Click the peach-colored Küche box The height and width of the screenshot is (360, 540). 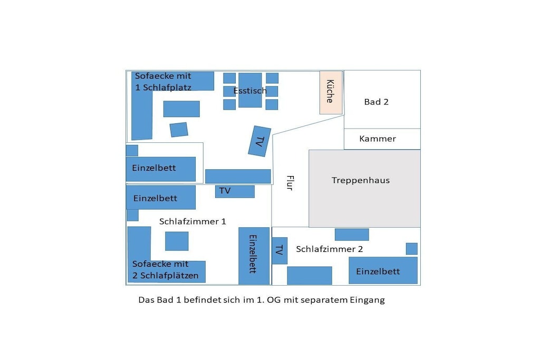[x=331, y=93]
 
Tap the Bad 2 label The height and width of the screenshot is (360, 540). [x=376, y=102]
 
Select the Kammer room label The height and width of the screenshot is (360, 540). [x=378, y=139]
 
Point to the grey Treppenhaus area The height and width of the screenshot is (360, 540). [x=364, y=188]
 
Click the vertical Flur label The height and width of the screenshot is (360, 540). [x=290, y=183]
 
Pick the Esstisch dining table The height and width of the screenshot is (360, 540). [x=250, y=90]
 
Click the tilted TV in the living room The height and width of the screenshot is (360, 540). [x=259, y=141]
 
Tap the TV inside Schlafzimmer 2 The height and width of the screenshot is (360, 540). [x=279, y=250]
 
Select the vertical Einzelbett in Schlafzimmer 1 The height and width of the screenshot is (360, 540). [x=254, y=256]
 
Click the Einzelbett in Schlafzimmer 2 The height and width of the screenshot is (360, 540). [x=383, y=270]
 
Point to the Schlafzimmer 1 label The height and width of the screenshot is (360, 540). [x=192, y=221]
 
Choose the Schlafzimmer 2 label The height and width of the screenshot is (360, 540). [x=329, y=249]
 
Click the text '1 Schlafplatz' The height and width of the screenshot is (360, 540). [x=163, y=87]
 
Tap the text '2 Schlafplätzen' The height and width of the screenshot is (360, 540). [x=165, y=276]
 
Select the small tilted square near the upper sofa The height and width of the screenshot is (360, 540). [x=179, y=130]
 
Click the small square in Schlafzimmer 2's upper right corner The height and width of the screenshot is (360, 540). [x=411, y=248]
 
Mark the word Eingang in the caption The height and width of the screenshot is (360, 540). [x=367, y=300]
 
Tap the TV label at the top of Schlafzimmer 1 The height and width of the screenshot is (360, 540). [x=225, y=191]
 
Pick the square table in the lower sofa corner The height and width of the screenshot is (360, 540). [x=177, y=241]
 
